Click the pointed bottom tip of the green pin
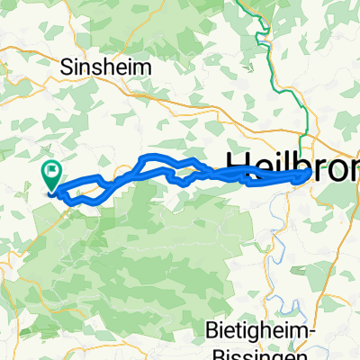(x=51, y=190)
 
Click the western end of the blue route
(x=53, y=190)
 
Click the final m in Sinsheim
(x=144, y=67)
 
